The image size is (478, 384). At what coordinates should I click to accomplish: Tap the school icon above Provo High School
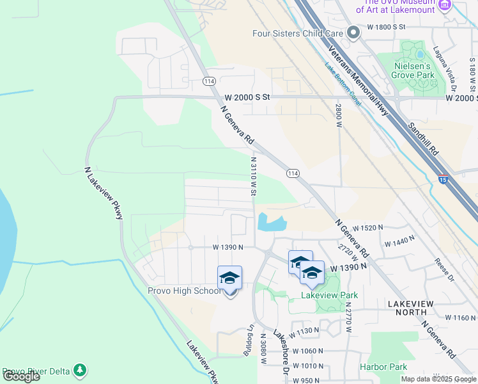coord(229,278)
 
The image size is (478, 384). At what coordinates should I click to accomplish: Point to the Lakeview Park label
coord(329,295)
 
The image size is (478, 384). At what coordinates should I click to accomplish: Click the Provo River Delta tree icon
coord(79,371)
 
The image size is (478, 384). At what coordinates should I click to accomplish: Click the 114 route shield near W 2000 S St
coord(209,81)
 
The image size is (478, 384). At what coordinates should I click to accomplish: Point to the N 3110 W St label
coord(254,176)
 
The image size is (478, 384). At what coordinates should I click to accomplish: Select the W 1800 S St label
coord(387,27)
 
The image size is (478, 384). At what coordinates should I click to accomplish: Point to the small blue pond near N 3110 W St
coord(271,223)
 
